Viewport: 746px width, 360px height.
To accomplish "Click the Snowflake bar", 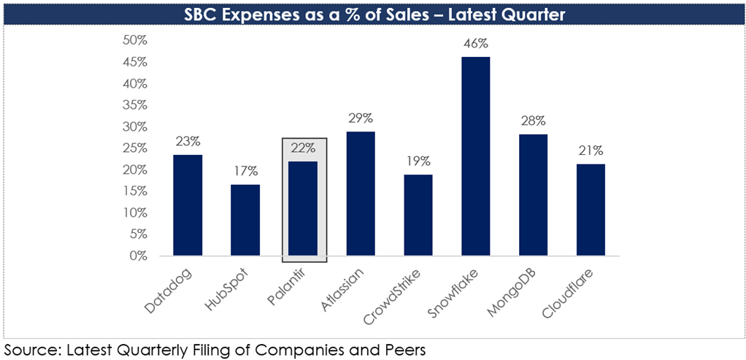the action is [476, 156].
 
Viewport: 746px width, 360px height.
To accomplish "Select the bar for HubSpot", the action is [245, 220].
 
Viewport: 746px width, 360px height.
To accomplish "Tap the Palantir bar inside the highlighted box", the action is [303, 209].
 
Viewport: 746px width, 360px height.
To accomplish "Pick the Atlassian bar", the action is [361, 194].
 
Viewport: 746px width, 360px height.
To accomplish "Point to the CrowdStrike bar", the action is [418, 215].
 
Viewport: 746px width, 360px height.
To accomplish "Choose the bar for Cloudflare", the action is [591, 210].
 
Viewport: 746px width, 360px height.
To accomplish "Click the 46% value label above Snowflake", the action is [476, 44].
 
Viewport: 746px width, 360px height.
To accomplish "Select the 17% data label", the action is [245, 171].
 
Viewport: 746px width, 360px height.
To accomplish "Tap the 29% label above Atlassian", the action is [361, 118].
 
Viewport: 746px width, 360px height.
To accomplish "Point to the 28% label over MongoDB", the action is [534, 121].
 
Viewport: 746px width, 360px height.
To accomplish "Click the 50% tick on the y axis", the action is [136, 40].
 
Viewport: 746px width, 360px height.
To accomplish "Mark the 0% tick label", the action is [139, 256].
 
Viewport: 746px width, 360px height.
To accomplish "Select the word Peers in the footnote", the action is [403, 351].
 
